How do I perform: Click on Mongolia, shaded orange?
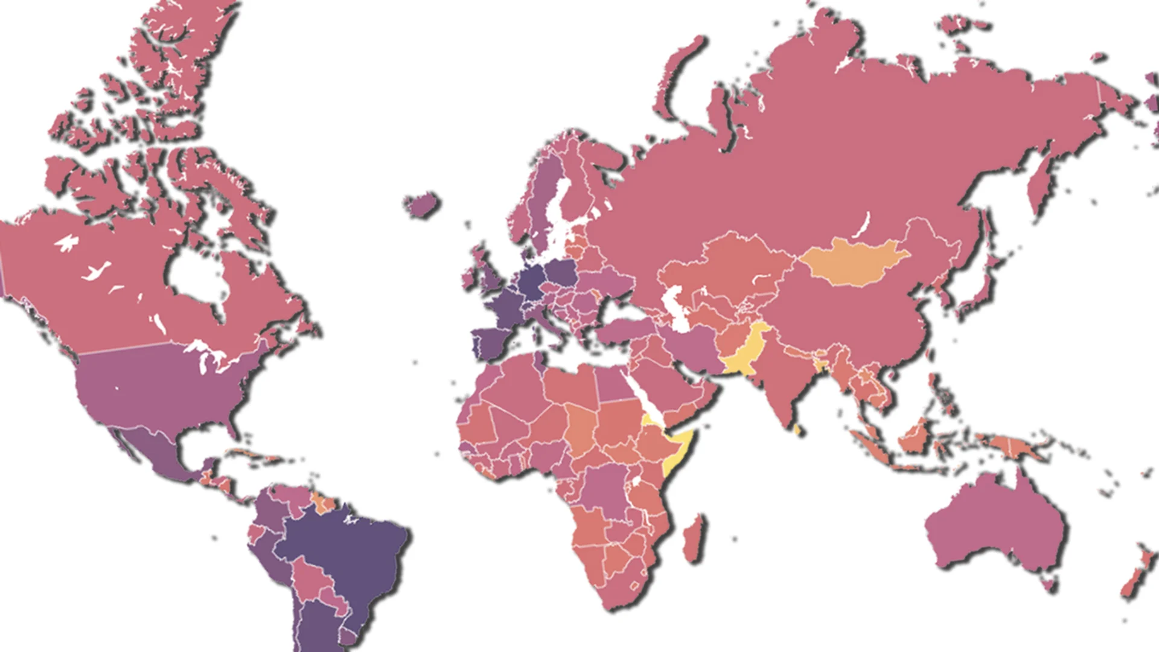[854, 260]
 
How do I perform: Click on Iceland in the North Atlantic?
[422, 205]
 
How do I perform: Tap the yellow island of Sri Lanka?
[797, 430]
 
